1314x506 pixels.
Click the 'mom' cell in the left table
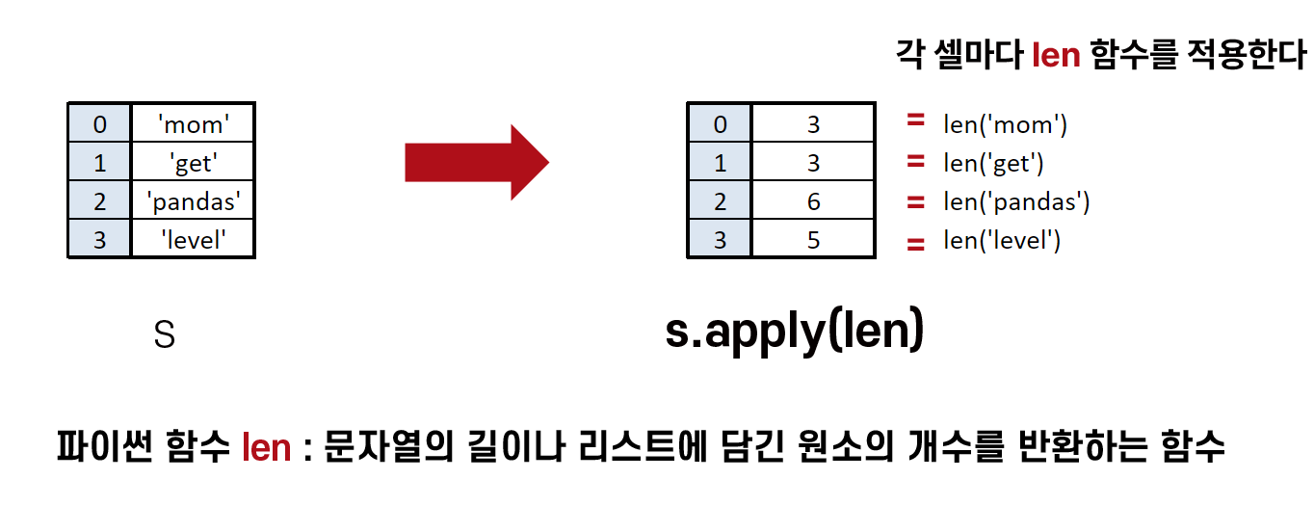click(x=193, y=123)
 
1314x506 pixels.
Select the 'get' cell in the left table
click(x=193, y=162)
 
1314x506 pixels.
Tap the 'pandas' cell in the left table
click(x=193, y=200)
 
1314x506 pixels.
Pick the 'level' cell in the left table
click(x=193, y=239)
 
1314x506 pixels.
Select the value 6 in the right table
click(x=813, y=200)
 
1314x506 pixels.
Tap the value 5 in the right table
click(x=813, y=239)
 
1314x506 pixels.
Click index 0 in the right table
click(x=721, y=123)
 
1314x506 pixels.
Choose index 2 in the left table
click(x=100, y=200)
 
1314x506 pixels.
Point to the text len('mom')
click(x=1006, y=124)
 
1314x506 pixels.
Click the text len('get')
click(x=994, y=163)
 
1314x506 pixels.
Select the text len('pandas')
click(x=1016, y=201)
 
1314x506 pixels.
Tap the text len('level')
click(x=1002, y=240)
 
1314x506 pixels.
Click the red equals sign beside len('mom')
click(x=915, y=121)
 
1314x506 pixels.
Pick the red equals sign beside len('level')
click(x=915, y=245)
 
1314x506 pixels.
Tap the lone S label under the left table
click(x=165, y=335)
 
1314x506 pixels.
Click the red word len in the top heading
click(x=1056, y=55)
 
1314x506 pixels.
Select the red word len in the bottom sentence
click(x=266, y=447)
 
